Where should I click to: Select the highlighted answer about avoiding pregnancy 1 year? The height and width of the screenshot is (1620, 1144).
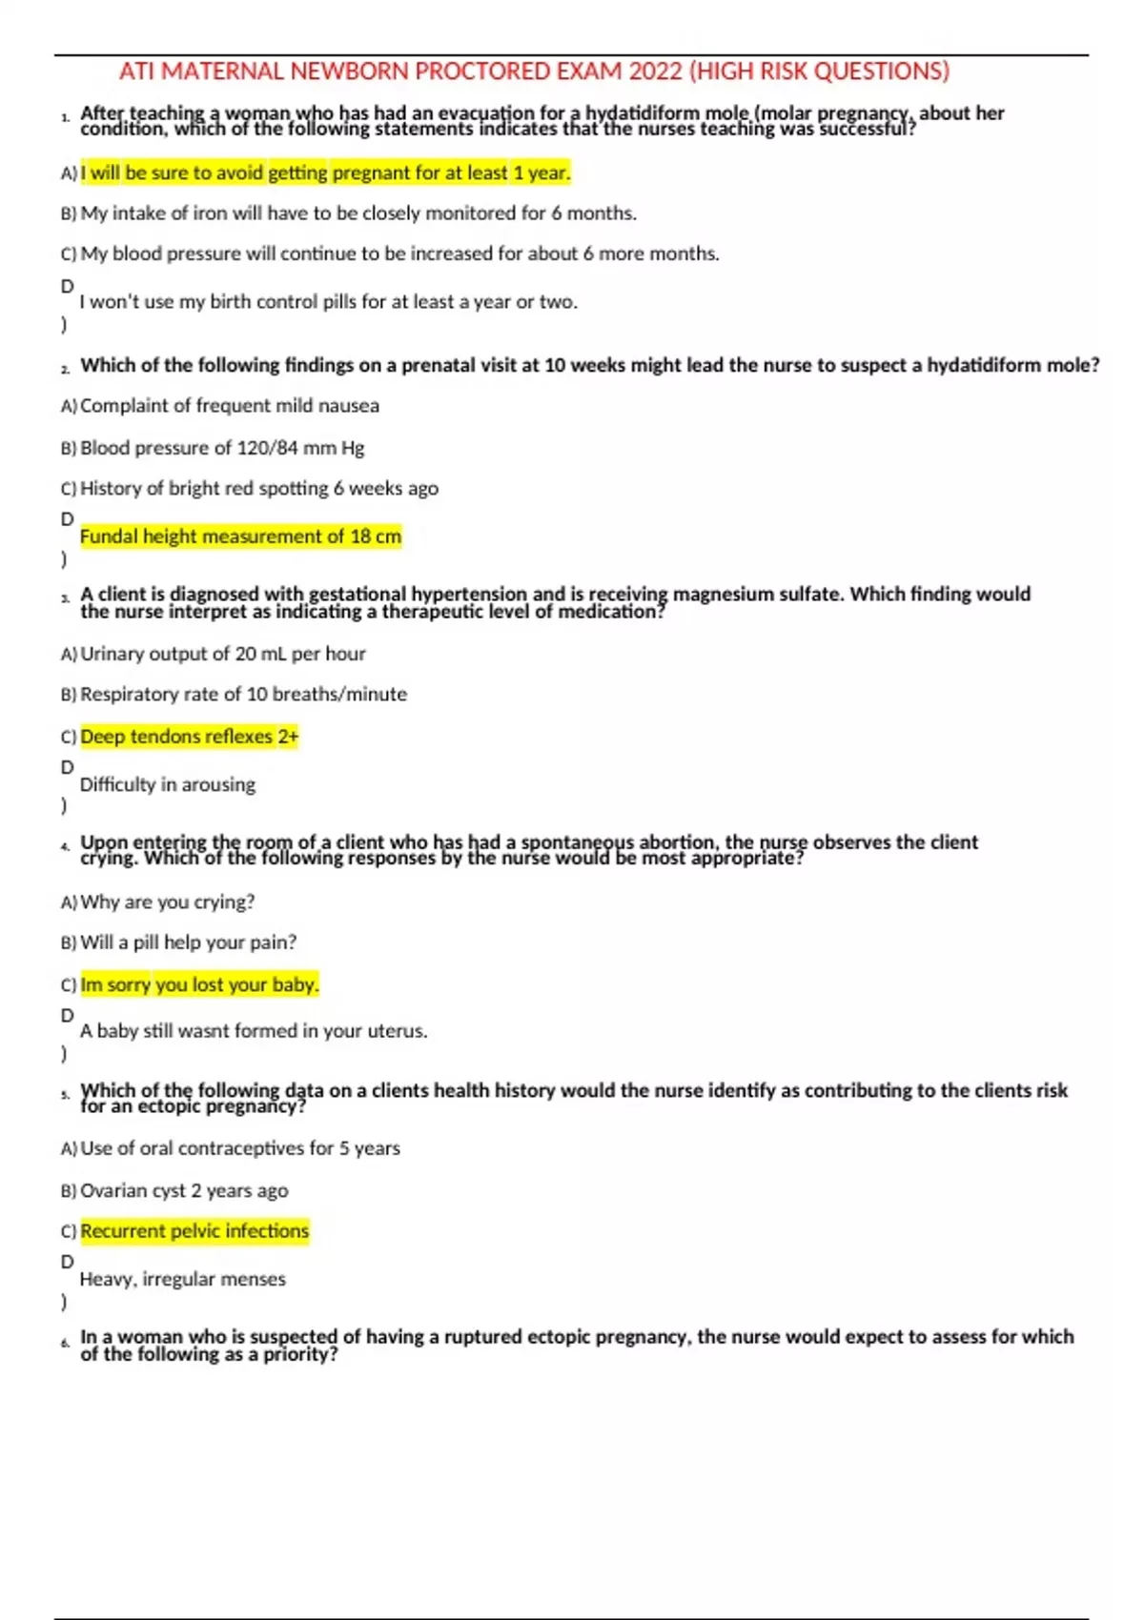pos(325,172)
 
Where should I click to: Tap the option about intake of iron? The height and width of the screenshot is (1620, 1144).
pos(357,213)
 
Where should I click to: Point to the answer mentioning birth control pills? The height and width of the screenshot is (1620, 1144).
pos(328,302)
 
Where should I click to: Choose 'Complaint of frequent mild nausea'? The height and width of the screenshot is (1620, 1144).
pos(229,406)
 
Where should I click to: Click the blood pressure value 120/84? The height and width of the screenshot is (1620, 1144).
pos(267,448)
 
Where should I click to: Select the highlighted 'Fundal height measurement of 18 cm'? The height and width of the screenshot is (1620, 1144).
pos(240,537)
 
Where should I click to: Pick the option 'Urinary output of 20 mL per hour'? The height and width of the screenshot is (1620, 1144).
pos(222,654)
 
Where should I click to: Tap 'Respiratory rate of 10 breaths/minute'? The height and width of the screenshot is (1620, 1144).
pos(243,695)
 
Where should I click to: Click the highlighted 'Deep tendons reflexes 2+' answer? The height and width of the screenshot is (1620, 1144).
pos(189,737)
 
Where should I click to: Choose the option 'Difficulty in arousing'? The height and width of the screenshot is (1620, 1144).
pos(167,785)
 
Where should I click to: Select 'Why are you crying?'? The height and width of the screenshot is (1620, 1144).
pos(167,901)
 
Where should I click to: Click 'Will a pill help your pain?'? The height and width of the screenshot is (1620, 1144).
pos(188,942)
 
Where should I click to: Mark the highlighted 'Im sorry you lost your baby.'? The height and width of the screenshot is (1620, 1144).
pos(199,984)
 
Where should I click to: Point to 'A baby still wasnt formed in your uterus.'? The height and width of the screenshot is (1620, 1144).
pos(253,1031)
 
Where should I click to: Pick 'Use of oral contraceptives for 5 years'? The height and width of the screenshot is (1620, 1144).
pos(239,1148)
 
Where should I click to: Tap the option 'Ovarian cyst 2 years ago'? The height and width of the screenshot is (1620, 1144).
pos(183,1190)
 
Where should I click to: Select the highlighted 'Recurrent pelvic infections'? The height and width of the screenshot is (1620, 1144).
pos(194,1231)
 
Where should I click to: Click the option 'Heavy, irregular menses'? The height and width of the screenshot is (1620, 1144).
pos(182,1279)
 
